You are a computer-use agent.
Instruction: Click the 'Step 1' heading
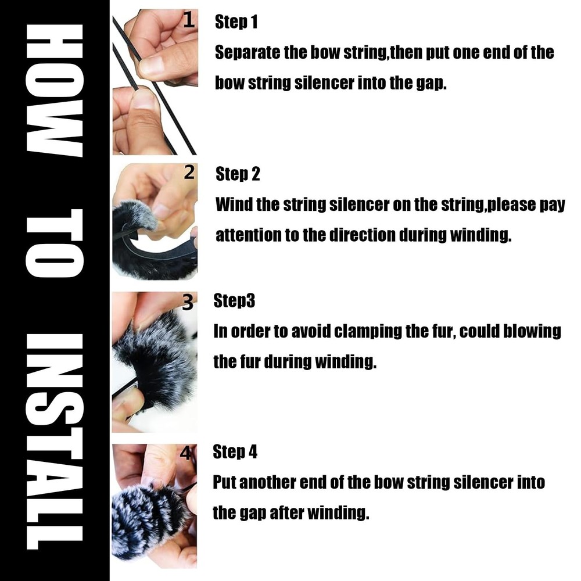[x=236, y=22]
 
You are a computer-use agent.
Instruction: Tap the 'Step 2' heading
[x=238, y=174]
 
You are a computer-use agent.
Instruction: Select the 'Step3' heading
[x=234, y=300]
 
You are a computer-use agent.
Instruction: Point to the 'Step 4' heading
[x=235, y=451]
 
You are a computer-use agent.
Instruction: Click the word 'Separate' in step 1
[x=247, y=53]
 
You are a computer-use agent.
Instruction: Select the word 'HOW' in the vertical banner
[x=55, y=91]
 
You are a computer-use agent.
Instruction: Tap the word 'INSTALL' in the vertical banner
[x=55, y=441]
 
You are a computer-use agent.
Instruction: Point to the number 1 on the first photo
[x=189, y=20]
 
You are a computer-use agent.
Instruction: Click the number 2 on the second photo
[x=189, y=173]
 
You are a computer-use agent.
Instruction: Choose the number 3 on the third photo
[x=188, y=302]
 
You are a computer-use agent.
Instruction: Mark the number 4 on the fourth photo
[x=186, y=453]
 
